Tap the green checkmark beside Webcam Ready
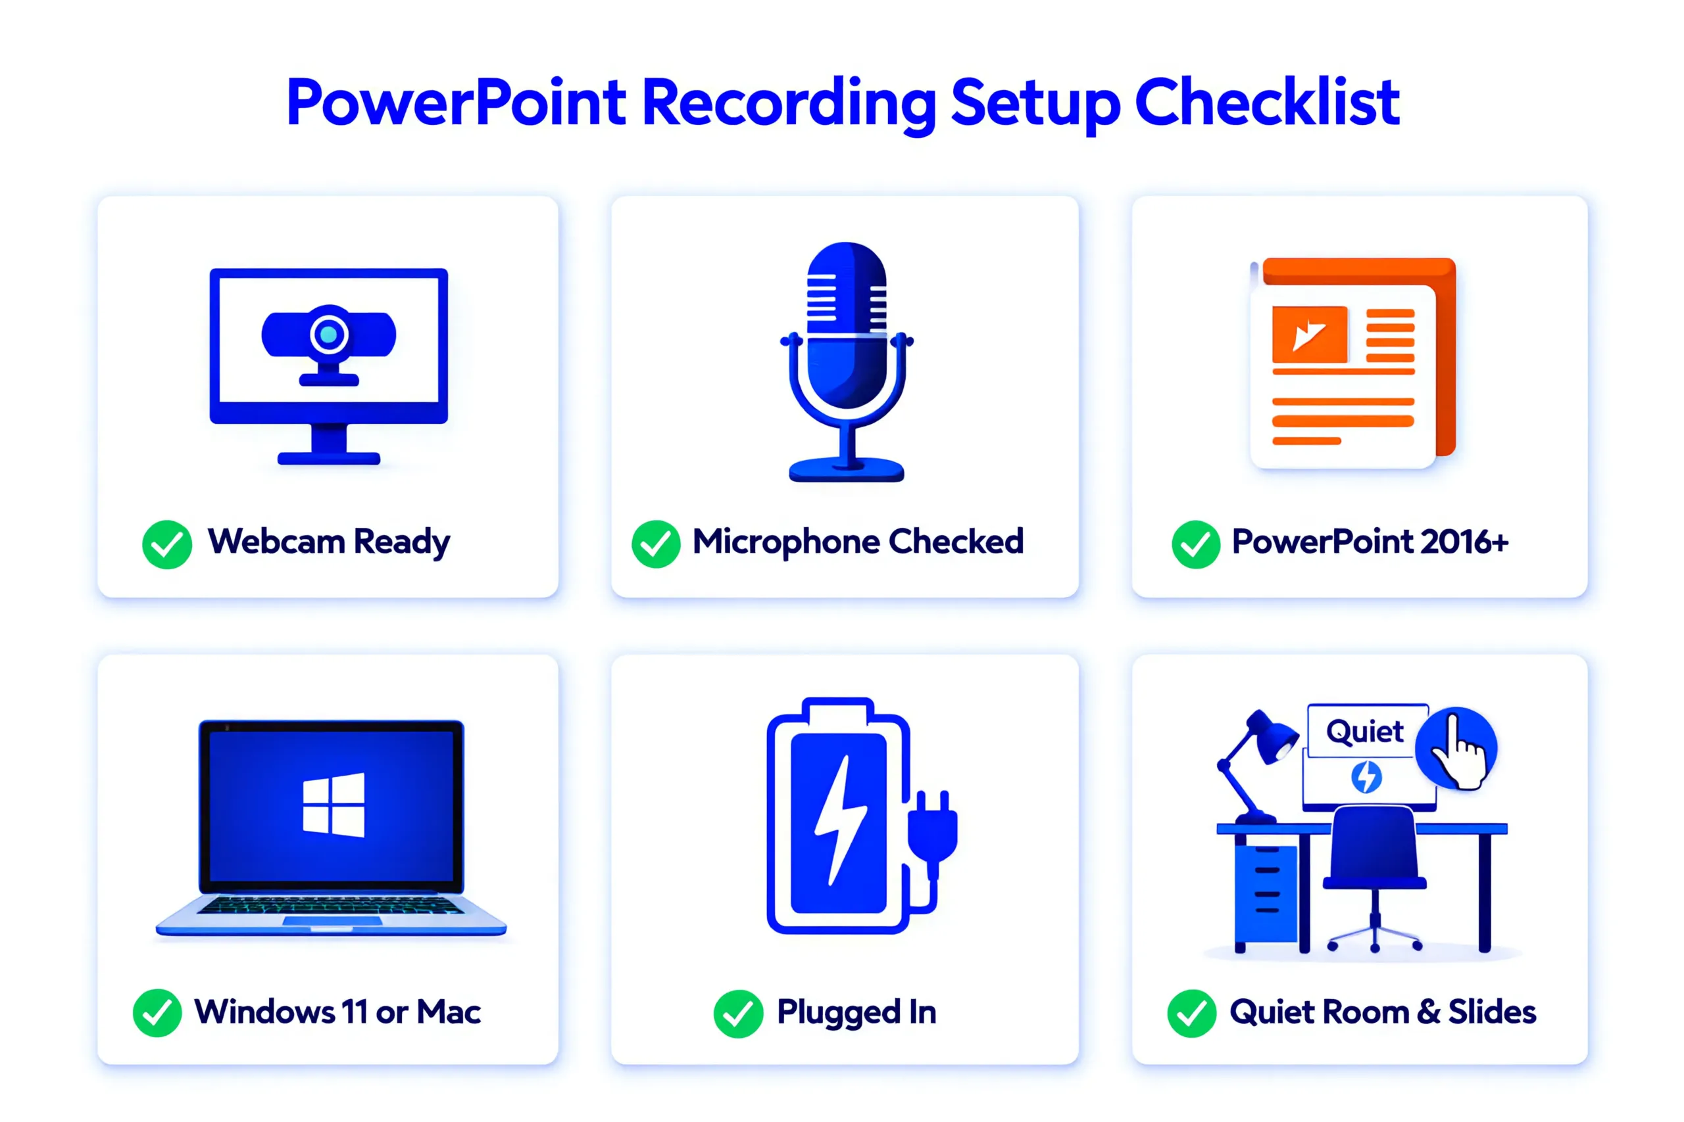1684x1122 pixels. (x=167, y=544)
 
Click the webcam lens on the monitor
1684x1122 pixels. (x=329, y=334)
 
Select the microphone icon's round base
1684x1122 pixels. (x=847, y=470)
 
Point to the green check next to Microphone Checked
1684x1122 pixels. (x=655, y=544)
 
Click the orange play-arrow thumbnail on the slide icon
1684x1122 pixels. (x=1309, y=334)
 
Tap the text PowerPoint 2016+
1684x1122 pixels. (x=1369, y=542)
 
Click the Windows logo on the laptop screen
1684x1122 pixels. (x=334, y=805)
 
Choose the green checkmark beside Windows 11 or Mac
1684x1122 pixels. (x=157, y=1012)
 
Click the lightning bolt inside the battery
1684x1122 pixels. (x=840, y=820)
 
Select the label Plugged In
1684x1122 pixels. (x=856, y=1012)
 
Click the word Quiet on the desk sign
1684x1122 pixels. (x=1365, y=732)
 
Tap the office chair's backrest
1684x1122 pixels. (x=1374, y=845)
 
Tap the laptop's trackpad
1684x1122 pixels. (x=332, y=920)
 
